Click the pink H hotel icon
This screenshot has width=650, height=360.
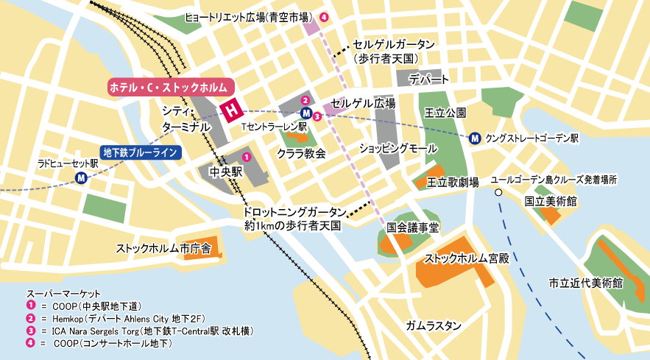232,110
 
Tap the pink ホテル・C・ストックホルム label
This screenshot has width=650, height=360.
168,87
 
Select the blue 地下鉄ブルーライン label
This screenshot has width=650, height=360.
140,153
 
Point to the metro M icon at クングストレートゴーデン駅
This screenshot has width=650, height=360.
476,137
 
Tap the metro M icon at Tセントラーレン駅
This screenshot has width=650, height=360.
306,113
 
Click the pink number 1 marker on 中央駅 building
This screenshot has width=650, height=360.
247,157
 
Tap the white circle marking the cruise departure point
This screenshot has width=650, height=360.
498,192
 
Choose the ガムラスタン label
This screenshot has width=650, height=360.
433,325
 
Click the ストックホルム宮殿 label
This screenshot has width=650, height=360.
467,258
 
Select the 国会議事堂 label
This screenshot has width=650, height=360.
412,228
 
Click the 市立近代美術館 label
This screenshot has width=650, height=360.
586,282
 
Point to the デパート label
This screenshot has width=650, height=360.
429,79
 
